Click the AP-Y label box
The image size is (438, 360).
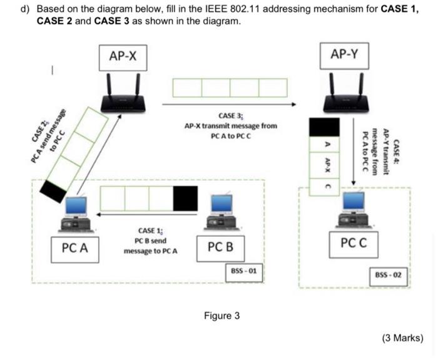pyautogui.click(x=345, y=55)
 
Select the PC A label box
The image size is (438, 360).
pyautogui.click(x=74, y=248)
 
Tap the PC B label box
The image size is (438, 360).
pyautogui.click(x=220, y=247)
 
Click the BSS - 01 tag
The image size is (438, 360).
pyautogui.click(x=244, y=272)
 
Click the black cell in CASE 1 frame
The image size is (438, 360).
pyautogui.click(x=185, y=198)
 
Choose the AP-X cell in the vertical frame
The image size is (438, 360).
pyautogui.click(x=325, y=165)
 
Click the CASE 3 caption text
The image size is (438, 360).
pyautogui.click(x=230, y=126)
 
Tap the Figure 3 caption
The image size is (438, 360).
pyautogui.click(x=222, y=316)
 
